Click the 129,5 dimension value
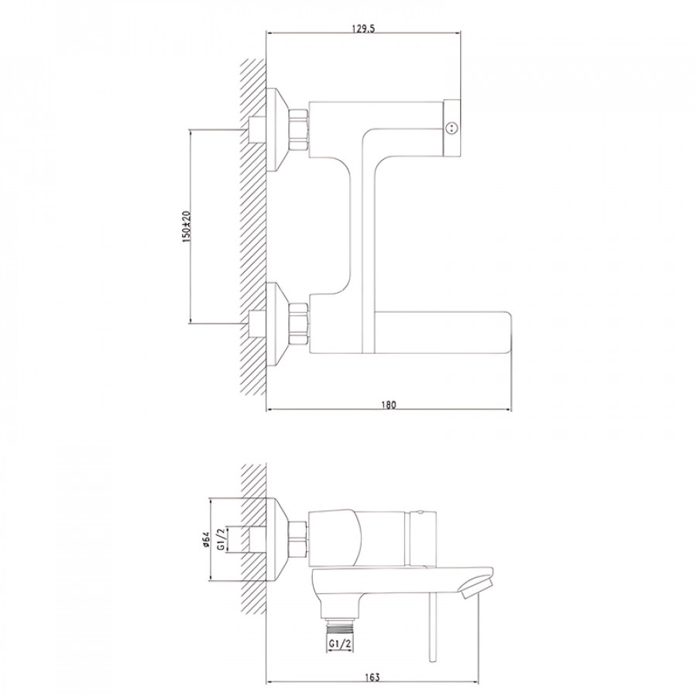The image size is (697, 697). [x=363, y=29]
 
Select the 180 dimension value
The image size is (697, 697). [x=388, y=405]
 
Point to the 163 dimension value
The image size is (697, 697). [x=373, y=677]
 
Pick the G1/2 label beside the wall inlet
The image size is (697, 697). [x=221, y=539]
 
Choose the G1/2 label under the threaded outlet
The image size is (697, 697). [x=340, y=643]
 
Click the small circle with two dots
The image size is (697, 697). [x=452, y=129]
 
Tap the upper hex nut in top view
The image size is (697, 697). [x=299, y=129]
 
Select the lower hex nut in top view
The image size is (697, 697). [x=299, y=324]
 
